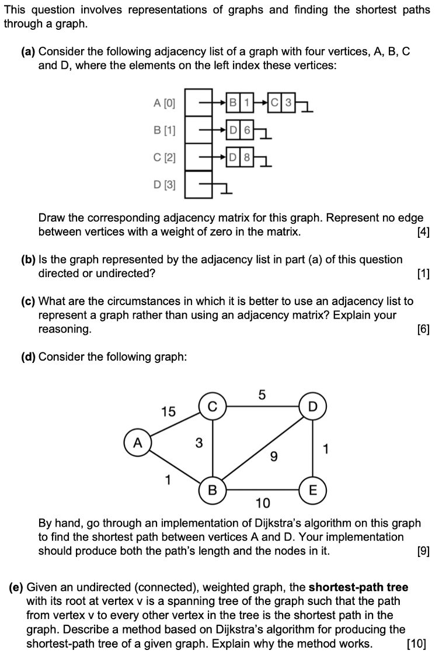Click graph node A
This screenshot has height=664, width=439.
pos(137,441)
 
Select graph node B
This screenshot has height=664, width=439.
pos(212,489)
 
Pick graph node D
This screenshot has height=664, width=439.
pos(313,406)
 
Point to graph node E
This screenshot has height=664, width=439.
pos(313,489)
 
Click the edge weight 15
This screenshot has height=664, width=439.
pos(168,411)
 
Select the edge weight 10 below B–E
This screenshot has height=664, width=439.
pos(263,503)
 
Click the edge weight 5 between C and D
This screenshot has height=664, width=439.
pos(262,395)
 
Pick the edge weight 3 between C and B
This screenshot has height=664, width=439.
pos(198,443)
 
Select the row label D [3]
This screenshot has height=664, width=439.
pos(164,185)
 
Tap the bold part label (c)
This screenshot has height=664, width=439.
pos(28,302)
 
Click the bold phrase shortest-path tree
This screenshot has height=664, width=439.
pos(358,587)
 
